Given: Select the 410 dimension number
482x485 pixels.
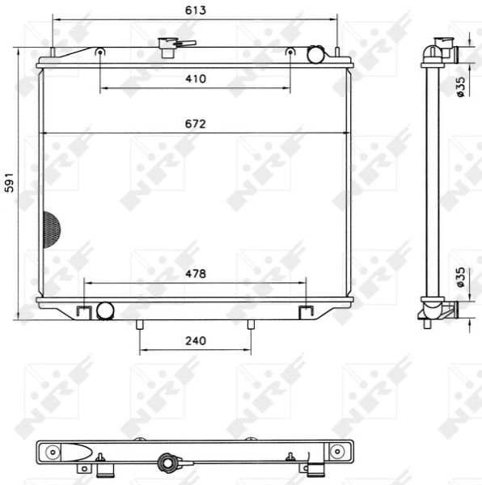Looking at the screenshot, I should pyautogui.click(x=195, y=78).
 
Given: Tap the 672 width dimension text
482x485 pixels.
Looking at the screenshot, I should pyautogui.click(x=195, y=124).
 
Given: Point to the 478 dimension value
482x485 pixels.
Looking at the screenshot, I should pyautogui.click(x=195, y=274).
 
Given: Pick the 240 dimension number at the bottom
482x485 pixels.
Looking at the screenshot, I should pyautogui.click(x=195, y=340).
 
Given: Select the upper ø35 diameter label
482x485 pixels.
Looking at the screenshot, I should pyautogui.click(x=460, y=86).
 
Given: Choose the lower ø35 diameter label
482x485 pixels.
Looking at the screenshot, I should pyautogui.click(x=460, y=277).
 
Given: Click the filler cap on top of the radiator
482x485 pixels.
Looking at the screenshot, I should pyautogui.click(x=170, y=47).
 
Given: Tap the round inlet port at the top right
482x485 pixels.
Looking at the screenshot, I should pyautogui.click(x=315, y=54).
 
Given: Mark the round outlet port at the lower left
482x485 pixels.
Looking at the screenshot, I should pyautogui.click(x=104, y=310).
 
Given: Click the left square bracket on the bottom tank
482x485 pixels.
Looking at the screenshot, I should pyautogui.click(x=83, y=311).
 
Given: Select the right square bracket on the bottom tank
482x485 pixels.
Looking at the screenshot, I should pyautogui.click(x=306, y=311).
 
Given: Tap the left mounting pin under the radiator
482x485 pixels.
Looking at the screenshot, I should pyautogui.click(x=140, y=325).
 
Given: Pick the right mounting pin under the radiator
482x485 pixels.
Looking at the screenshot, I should pyautogui.click(x=250, y=325).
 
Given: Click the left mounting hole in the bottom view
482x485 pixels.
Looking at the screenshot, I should pyautogui.click(x=53, y=451).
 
